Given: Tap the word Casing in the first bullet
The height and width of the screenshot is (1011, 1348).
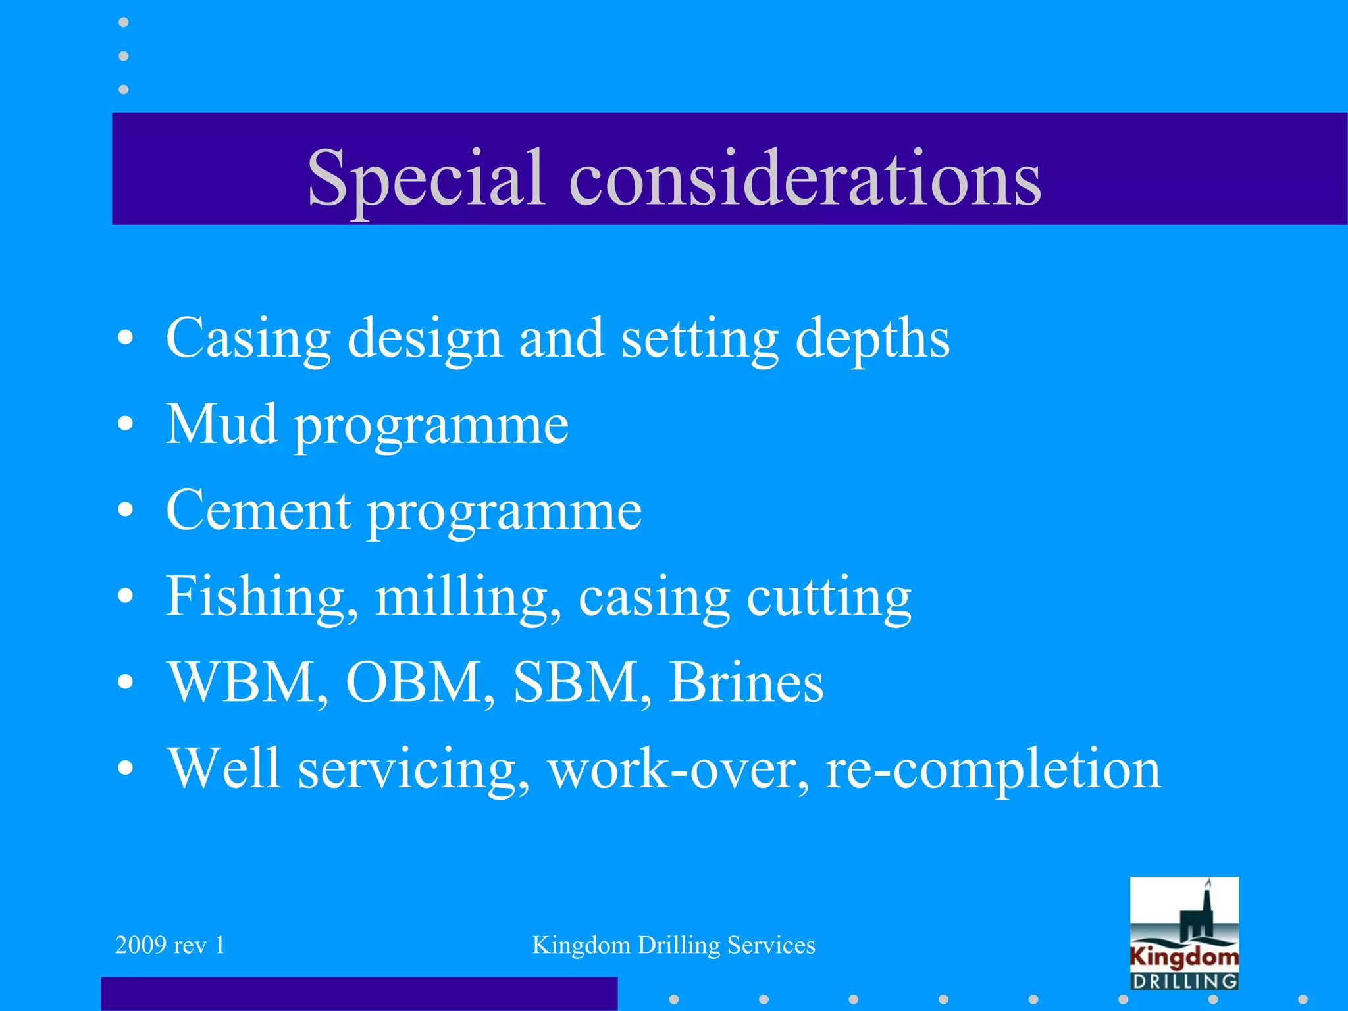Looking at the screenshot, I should tap(248, 338).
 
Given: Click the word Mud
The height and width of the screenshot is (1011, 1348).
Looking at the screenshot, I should tap(221, 425).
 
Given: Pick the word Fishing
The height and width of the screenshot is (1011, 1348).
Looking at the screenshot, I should tap(261, 596).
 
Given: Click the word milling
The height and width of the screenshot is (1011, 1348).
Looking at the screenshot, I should tap(467, 596).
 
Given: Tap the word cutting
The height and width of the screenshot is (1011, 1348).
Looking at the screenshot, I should tap(829, 596).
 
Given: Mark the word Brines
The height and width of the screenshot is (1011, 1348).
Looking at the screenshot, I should tap(746, 683).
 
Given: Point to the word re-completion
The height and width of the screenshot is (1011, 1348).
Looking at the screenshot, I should tap(993, 769).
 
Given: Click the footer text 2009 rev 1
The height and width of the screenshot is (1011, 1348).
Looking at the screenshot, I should tap(170, 945).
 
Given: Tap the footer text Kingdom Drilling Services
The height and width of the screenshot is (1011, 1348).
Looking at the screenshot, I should tap(673, 945).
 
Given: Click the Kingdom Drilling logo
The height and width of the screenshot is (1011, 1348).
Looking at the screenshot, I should tap(1184, 933).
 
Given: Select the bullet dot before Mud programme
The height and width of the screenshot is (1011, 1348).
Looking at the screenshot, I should tap(126, 425).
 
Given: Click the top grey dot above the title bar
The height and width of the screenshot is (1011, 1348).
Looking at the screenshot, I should tap(123, 22).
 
